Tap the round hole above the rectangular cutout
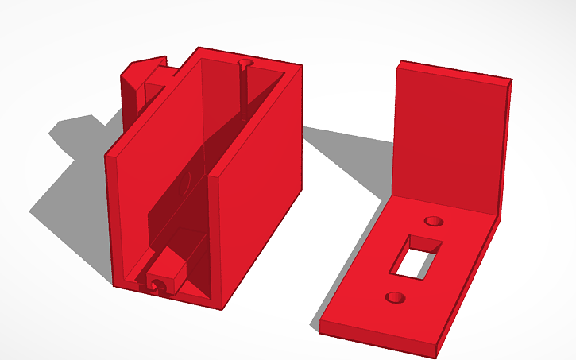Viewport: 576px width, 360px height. pos(434,220)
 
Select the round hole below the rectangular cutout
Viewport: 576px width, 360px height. pos(392,297)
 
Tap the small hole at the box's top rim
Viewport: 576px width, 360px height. pos(244,63)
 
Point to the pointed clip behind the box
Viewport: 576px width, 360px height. pos(143,75)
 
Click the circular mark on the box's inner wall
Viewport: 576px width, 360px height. pos(184,184)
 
